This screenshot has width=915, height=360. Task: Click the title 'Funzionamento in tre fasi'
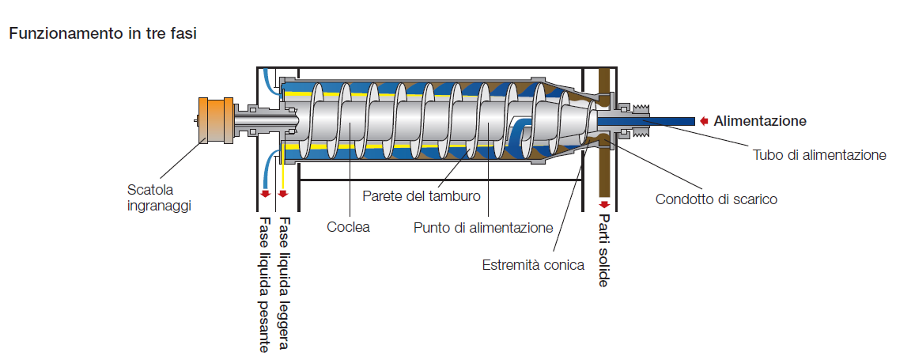coord(103,34)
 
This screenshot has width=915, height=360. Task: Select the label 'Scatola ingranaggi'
coord(159,197)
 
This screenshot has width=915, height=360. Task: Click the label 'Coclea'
coord(348,228)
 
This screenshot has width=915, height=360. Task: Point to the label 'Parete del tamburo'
coord(421,195)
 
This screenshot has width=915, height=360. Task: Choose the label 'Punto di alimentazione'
coord(482,228)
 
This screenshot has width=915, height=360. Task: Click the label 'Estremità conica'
coord(533,265)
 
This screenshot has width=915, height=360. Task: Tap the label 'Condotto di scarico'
coord(716,199)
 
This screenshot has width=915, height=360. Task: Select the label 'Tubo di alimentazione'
coord(819,155)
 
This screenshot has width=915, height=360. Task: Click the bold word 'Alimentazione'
coord(760,121)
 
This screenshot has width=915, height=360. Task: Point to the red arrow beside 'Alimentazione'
coord(702,121)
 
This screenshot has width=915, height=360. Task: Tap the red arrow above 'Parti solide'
coord(604,203)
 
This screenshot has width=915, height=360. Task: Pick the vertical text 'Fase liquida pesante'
coord(265,283)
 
